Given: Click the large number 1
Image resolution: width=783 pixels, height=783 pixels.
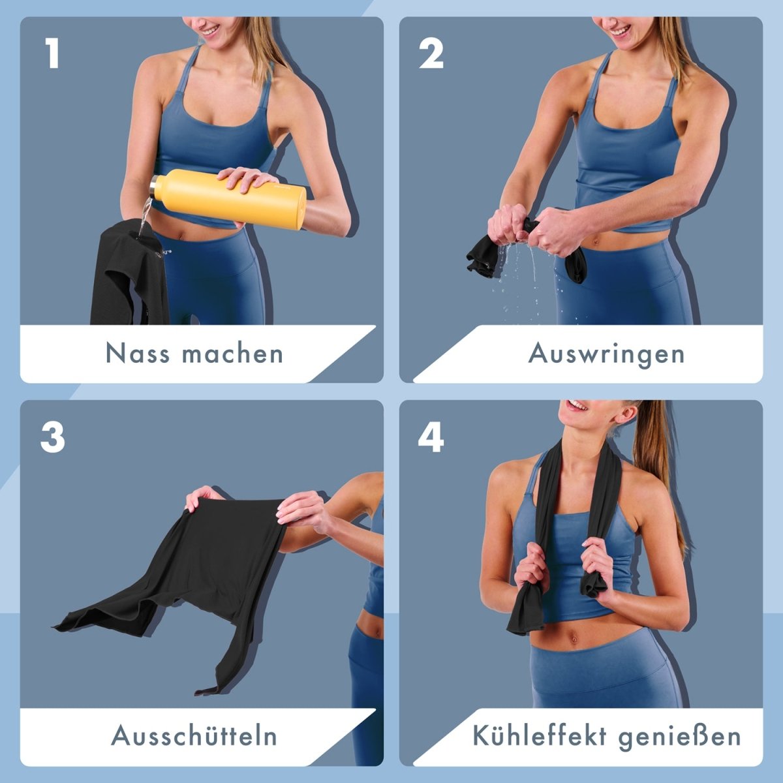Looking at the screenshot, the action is [x=52, y=54].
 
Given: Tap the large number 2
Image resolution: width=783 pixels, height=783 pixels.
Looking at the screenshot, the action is [x=431, y=54].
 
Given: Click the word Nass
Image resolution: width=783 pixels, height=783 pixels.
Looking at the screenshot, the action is [x=137, y=353].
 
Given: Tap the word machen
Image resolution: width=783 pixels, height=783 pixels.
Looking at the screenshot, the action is [x=232, y=353].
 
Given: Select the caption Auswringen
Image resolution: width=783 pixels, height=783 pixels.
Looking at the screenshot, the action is [x=606, y=354].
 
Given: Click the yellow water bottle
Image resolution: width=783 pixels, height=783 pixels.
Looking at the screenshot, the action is [x=228, y=199].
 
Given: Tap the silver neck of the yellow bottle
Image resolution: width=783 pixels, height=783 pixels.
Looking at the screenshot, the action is [x=153, y=188].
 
